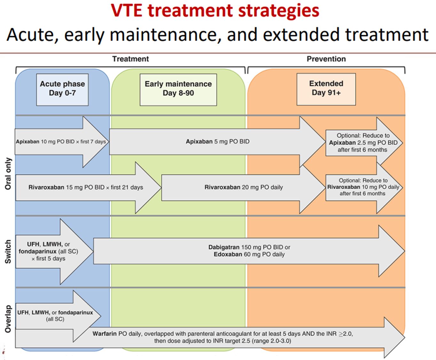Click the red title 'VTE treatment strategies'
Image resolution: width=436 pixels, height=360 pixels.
tap(215, 10)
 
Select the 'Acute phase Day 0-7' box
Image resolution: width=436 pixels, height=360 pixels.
tap(62, 89)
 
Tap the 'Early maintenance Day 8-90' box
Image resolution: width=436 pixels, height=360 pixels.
tap(178, 89)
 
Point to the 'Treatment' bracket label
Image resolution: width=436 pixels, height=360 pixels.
tap(130, 59)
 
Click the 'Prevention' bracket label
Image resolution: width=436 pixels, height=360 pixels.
tap(326, 59)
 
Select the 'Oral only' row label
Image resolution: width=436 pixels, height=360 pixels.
tap(8, 174)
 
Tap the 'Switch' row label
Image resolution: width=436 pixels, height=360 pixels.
tap(8, 252)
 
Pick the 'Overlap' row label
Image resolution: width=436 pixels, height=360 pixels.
tap(8, 319)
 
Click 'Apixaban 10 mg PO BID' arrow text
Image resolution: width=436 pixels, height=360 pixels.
tap(61, 141)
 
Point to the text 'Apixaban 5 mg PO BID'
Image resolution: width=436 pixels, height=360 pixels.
tap(218, 141)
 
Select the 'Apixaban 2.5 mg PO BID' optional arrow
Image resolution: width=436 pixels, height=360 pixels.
tap(363, 143)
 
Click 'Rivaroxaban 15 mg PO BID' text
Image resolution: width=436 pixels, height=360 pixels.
tap(86, 188)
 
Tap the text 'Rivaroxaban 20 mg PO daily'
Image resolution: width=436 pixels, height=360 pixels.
tap(244, 188)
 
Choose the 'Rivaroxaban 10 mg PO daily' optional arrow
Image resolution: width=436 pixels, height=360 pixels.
tap(363, 187)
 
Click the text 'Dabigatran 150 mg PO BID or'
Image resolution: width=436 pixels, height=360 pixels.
tap(249, 247)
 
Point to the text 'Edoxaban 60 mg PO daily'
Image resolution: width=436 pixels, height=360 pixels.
tap(249, 254)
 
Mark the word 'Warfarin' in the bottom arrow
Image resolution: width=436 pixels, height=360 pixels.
tap(105, 334)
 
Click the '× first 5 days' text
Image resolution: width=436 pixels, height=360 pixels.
tap(48, 259)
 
